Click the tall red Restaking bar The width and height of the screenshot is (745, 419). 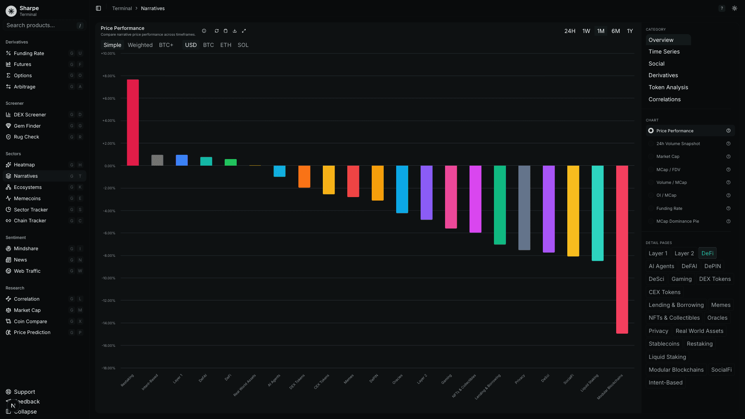pyautogui.click(x=133, y=123)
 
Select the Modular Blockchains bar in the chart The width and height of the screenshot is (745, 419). pyautogui.click(x=622, y=249)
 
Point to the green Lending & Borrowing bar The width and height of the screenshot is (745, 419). pyautogui.click(x=500, y=205)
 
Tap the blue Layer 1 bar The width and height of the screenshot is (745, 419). pyautogui.click(x=182, y=160)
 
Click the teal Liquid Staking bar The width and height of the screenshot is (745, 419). pyautogui.click(x=598, y=213)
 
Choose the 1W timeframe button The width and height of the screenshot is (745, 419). pyautogui.click(x=586, y=31)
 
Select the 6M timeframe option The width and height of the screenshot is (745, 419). pyautogui.click(x=615, y=31)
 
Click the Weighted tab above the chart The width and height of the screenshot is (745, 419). pyautogui.click(x=140, y=45)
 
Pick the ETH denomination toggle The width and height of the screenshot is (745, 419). pyautogui.click(x=225, y=45)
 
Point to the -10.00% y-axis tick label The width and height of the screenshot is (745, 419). pyautogui.click(x=108, y=278)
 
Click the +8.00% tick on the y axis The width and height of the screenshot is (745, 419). pyautogui.click(x=109, y=76)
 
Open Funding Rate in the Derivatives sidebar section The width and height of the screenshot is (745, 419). pyautogui.click(x=29, y=54)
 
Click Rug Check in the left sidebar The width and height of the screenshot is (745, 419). pyautogui.click(x=26, y=137)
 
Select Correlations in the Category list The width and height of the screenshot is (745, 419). pyautogui.click(x=664, y=99)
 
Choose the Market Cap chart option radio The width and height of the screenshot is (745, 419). pyautogui.click(x=651, y=157)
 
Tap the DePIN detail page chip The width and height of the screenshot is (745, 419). pyautogui.click(x=712, y=266)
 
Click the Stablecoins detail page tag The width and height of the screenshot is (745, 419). pyautogui.click(x=664, y=344)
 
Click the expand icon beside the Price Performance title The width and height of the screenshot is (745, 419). pyautogui.click(x=244, y=31)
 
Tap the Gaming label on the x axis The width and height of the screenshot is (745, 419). pyautogui.click(x=447, y=379)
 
